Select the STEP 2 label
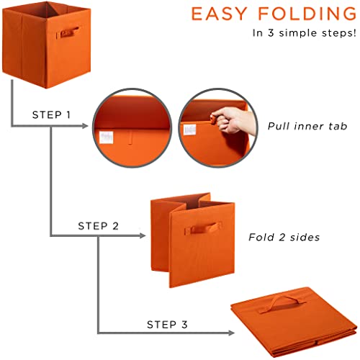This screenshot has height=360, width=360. coord(98,225)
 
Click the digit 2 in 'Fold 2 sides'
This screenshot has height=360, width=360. coord(276,236)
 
